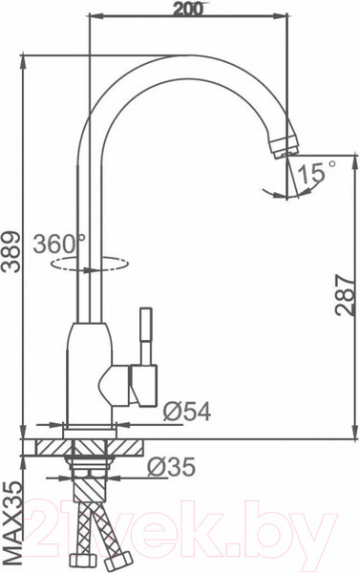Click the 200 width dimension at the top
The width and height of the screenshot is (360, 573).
(x=188, y=11)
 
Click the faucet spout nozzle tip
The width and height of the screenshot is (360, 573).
(x=281, y=147)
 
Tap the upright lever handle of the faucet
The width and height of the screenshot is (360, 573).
(x=148, y=334)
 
